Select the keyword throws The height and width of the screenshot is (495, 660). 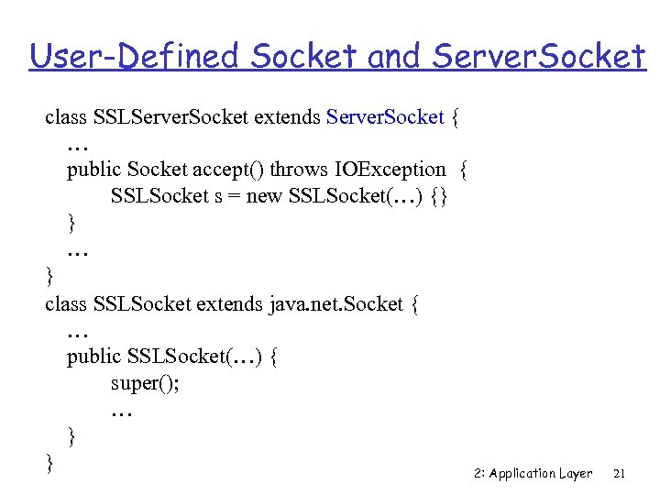click(x=301, y=170)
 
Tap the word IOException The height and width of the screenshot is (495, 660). click(x=391, y=170)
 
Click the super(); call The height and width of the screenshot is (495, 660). click(x=145, y=383)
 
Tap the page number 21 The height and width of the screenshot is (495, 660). click(x=619, y=474)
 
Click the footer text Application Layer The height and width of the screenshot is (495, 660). click(x=541, y=474)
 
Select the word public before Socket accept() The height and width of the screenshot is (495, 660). click(x=93, y=170)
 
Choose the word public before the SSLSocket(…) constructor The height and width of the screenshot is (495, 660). click(x=93, y=356)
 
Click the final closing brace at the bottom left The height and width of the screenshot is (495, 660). click(x=49, y=463)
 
